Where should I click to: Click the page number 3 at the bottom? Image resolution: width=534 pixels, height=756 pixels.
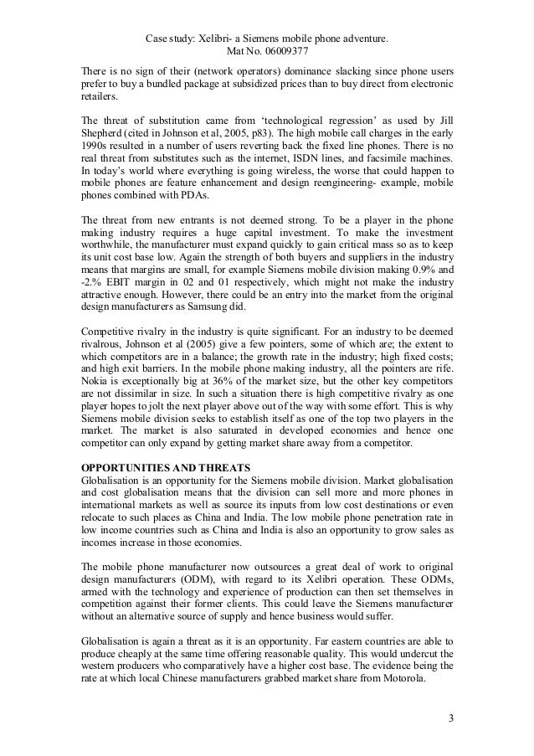451,718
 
